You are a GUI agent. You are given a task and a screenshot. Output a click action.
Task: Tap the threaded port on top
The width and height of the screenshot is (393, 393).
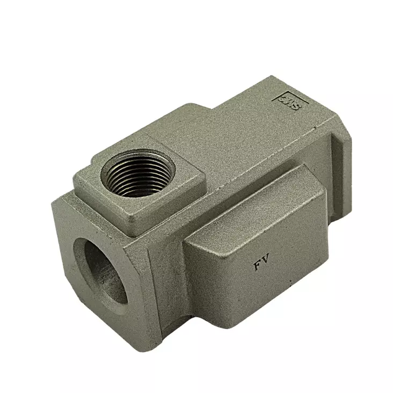point(138,173)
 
